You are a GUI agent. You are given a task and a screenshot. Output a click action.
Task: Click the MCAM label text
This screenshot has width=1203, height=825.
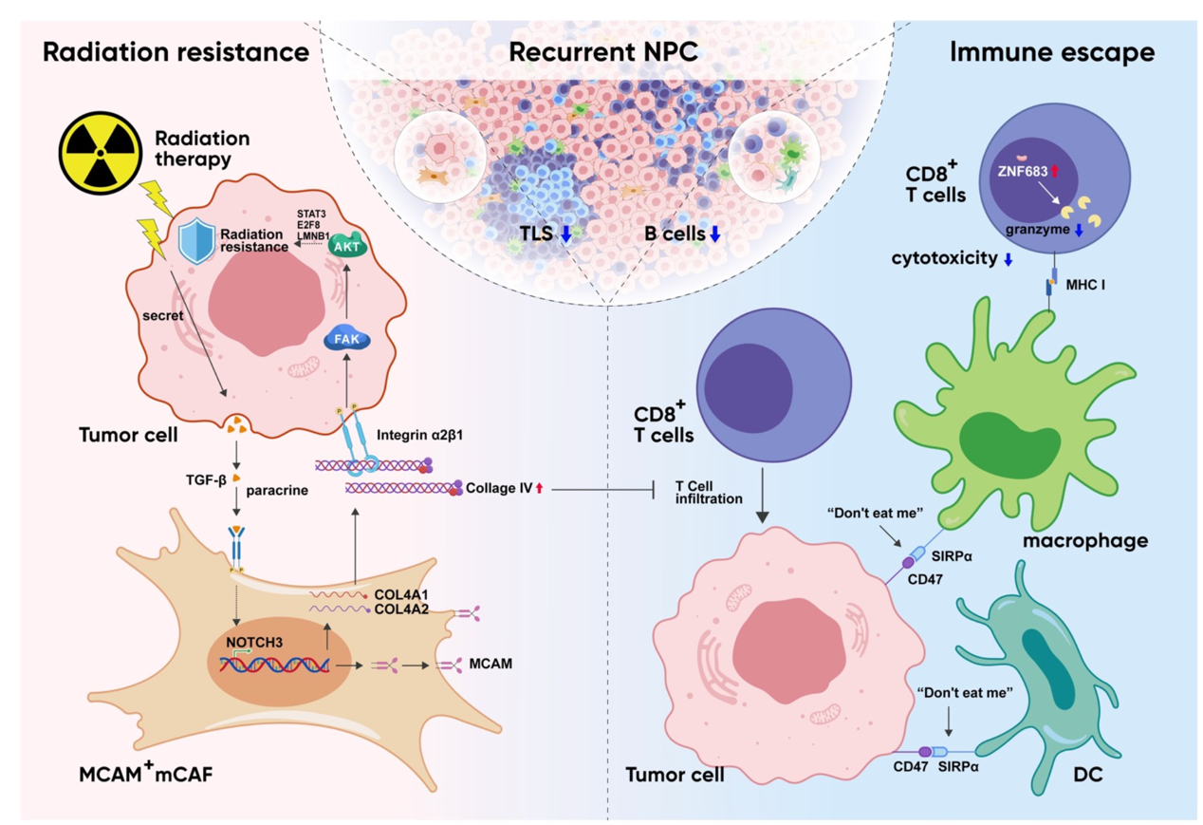coord(490,663)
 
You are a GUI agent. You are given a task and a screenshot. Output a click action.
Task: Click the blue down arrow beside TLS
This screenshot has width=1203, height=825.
coord(566,234)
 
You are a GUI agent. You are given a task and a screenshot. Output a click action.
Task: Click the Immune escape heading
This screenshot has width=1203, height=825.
coord(1051,52)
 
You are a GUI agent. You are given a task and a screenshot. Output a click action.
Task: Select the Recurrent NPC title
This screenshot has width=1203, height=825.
coord(603,52)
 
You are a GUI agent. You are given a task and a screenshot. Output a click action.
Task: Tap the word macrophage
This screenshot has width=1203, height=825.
coord(1092,540)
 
